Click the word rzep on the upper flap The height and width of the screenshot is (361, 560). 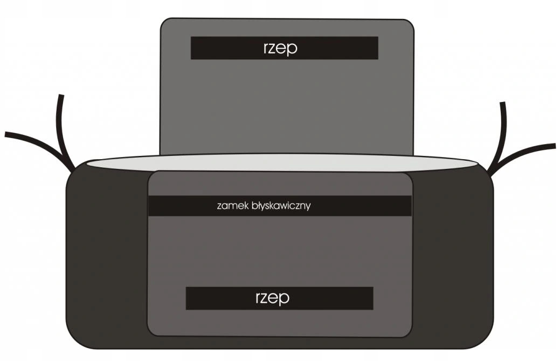(280, 48)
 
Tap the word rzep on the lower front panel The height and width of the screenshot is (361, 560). (272, 298)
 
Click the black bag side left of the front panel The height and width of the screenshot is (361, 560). (108, 254)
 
